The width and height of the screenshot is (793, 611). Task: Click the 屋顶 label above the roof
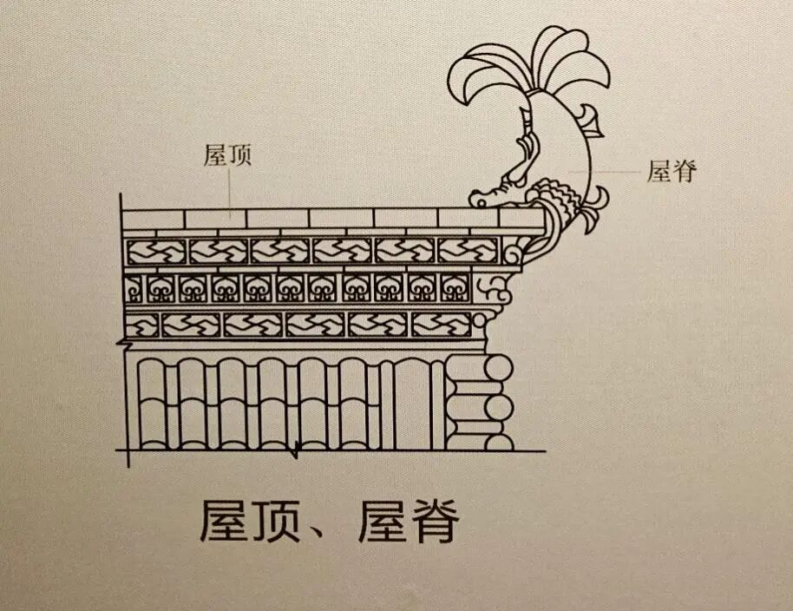click(227, 156)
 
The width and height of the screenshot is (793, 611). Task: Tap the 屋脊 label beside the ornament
click(672, 171)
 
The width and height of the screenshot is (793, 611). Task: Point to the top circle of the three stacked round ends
click(499, 367)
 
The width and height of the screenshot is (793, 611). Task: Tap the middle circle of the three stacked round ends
click(499, 406)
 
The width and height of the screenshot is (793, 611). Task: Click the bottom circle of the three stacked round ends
click(499, 441)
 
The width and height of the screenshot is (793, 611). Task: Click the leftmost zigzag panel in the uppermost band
click(157, 252)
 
